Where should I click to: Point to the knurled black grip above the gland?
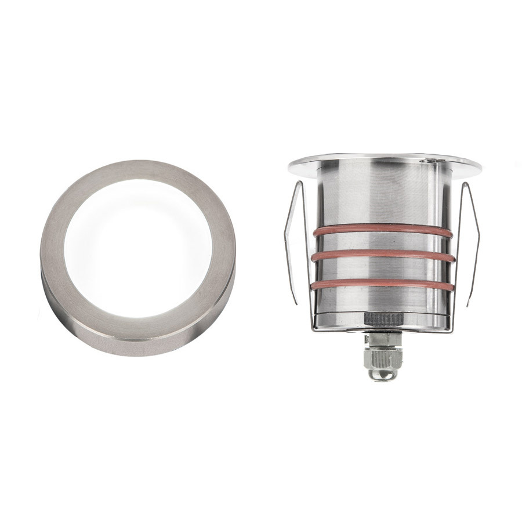(382, 318)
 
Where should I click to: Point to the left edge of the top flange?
(291, 165)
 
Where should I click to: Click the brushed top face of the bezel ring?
(138, 173)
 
